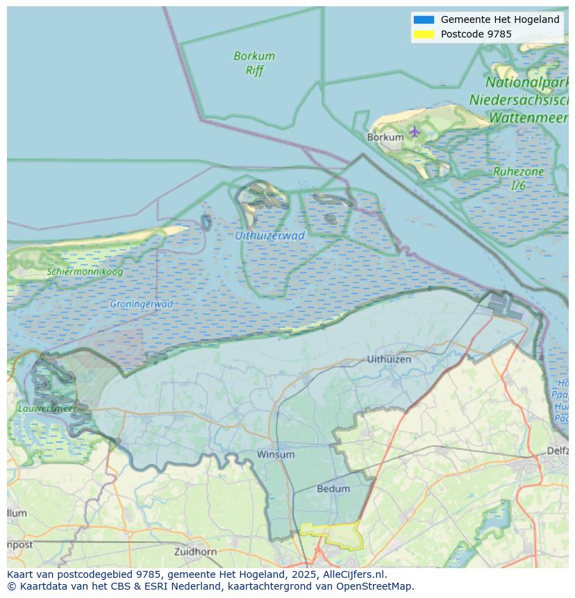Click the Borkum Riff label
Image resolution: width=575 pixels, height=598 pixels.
click(x=254, y=63)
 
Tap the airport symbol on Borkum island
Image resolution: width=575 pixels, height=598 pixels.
click(x=415, y=131)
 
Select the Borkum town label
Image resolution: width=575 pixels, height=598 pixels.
click(x=385, y=138)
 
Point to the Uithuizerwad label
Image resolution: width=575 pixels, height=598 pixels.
click(x=269, y=235)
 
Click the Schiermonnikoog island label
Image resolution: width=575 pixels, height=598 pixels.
click(x=85, y=272)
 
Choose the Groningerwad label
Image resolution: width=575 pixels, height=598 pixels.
click(x=141, y=304)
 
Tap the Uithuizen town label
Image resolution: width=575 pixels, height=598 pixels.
click(x=389, y=359)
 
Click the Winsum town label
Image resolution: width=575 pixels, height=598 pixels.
click(x=276, y=454)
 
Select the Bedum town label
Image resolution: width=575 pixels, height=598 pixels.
click(x=333, y=489)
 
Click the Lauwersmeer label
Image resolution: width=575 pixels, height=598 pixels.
click(x=47, y=408)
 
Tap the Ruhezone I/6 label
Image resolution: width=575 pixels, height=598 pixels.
click(x=518, y=178)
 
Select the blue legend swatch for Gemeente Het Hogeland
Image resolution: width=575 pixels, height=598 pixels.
click(x=424, y=19)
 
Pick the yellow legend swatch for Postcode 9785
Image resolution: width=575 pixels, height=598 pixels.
click(x=424, y=34)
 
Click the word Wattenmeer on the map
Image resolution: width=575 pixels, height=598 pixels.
click(x=528, y=118)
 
